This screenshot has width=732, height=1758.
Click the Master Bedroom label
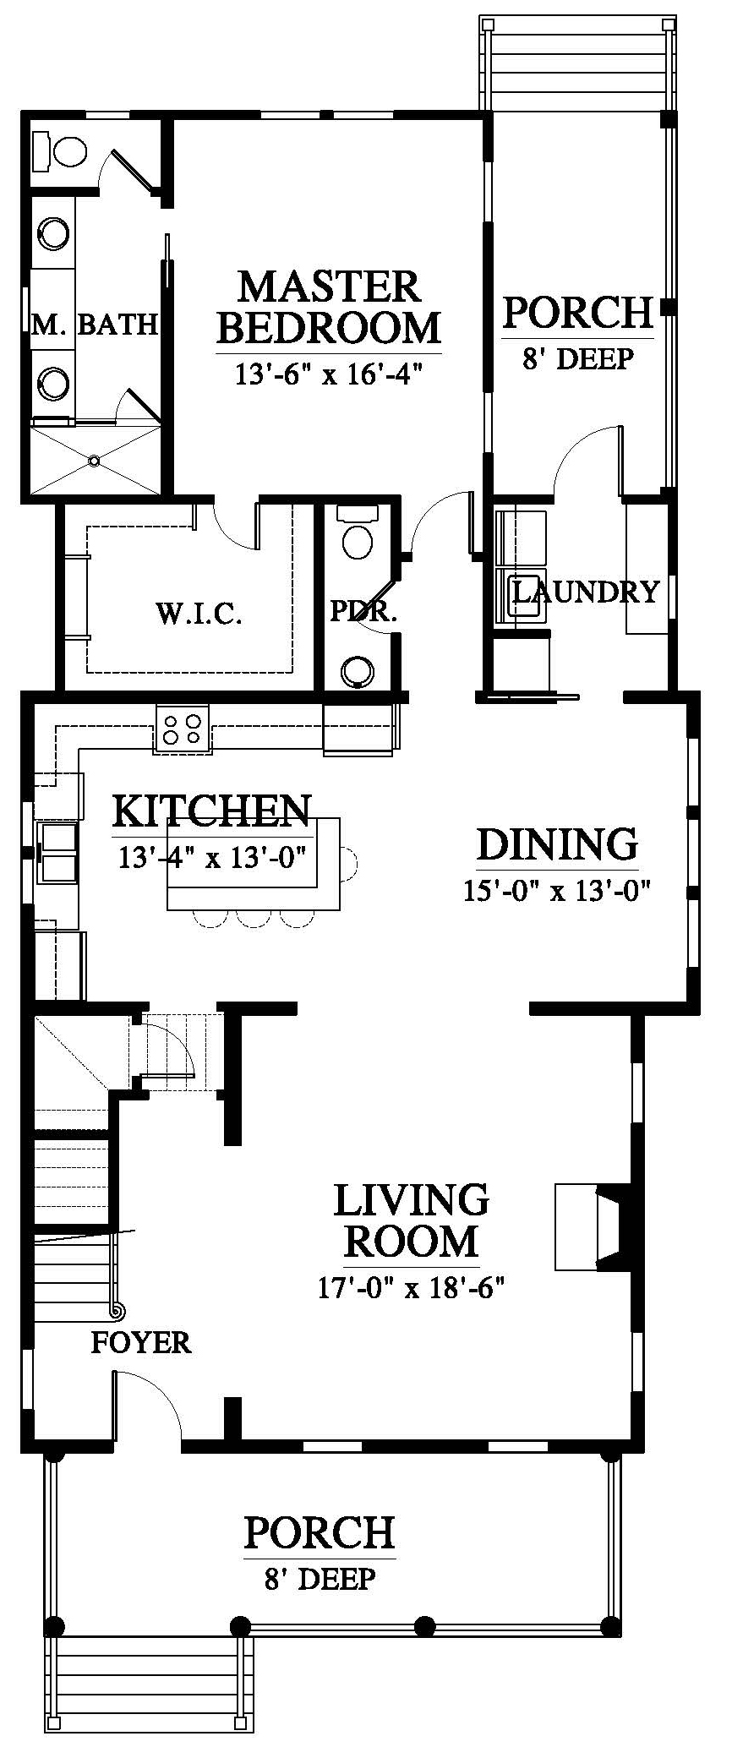(330, 307)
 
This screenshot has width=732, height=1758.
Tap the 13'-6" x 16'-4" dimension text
(329, 373)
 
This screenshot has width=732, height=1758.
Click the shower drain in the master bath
(95, 461)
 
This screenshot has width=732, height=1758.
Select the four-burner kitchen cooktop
(182, 728)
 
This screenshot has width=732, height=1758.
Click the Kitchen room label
(211, 812)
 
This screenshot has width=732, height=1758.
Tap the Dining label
(557, 844)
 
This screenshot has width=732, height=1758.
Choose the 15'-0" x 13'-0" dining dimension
(559, 891)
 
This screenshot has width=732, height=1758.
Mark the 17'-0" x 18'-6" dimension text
(411, 1288)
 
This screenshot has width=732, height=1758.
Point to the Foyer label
(141, 1342)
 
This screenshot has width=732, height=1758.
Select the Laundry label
(586, 592)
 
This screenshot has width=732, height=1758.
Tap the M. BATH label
(96, 325)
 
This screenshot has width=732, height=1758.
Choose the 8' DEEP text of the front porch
(320, 1579)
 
